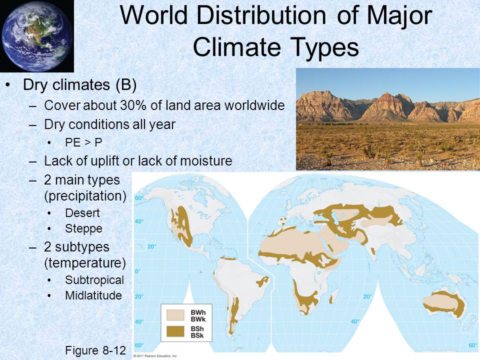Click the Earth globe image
click(36, 36)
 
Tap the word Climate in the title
click(237, 47)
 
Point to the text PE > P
click(83, 142)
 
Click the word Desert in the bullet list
click(82, 213)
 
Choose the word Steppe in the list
click(83, 228)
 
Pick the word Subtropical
click(94, 280)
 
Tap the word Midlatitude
click(93, 295)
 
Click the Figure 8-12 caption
click(95, 350)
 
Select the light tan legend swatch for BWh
click(175, 315)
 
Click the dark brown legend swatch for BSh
click(175, 331)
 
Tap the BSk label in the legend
click(197, 336)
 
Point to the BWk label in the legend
click(198, 319)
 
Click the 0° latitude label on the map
click(138, 271)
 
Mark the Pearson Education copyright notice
click(155, 356)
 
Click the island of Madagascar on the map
click(334, 296)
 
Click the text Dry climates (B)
click(79, 85)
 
